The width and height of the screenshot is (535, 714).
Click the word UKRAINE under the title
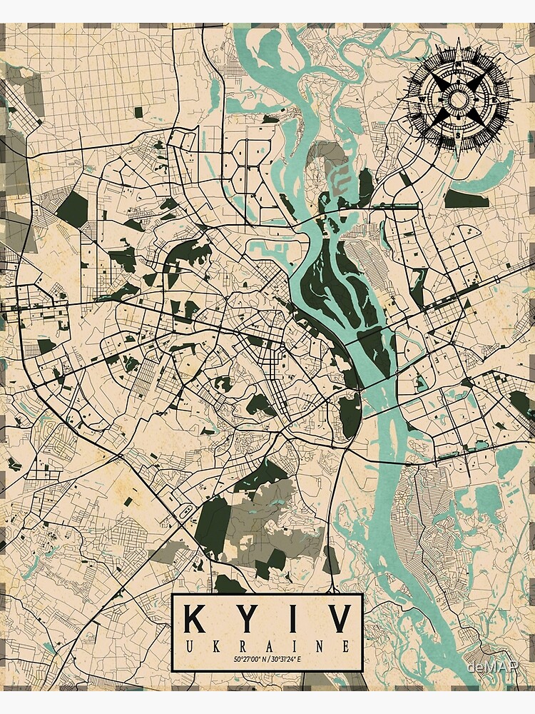(x=267, y=647)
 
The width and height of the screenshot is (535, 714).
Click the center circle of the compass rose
(x=457, y=99)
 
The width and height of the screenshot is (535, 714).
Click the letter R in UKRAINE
(x=240, y=647)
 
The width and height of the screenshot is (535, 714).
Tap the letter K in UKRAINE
(x=214, y=647)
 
